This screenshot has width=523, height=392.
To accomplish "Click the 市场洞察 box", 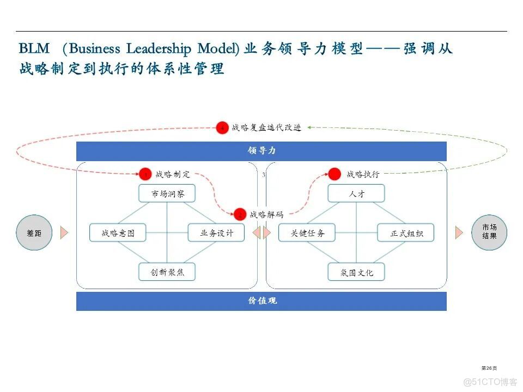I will [x=166, y=193].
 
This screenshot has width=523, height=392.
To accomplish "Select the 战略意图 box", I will [x=118, y=233].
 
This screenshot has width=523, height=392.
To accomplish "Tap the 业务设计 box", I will [x=216, y=233].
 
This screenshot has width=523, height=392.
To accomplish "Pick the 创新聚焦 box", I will [x=166, y=272].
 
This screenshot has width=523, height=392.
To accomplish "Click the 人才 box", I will [x=356, y=193].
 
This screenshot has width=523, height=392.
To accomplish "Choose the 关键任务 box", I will [x=307, y=233].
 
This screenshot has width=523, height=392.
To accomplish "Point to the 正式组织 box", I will [x=406, y=233].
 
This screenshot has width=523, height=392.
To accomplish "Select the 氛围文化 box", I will [x=356, y=272].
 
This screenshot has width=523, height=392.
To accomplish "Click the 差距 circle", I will [x=34, y=233].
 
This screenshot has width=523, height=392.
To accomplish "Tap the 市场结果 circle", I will [x=489, y=232].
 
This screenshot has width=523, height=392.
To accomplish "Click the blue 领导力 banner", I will [x=261, y=151].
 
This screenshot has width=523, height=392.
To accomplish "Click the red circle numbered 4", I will [x=222, y=128].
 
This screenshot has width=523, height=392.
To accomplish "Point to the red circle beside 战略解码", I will [x=240, y=215].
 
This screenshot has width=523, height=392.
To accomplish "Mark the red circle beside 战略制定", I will [x=145, y=174].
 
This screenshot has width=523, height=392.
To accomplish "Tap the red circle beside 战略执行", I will [x=336, y=174].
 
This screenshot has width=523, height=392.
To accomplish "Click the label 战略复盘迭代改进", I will [x=266, y=127].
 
